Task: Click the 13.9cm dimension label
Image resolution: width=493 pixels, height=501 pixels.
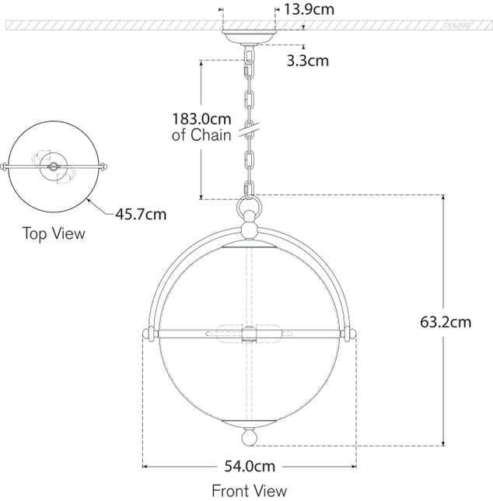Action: coord(309,10)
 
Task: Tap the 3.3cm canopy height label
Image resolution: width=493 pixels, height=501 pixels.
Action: coord(307,59)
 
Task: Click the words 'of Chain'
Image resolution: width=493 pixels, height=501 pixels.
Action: coord(201,135)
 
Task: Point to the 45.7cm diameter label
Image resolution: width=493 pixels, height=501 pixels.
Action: coord(141,212)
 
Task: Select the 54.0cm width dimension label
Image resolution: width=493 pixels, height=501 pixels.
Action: coord(249,467)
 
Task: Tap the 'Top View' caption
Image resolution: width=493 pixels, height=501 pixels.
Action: coord(54,233)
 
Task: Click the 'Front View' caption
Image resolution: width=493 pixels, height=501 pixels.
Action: coord(249,490)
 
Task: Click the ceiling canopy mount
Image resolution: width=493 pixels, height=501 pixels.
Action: coord(249,37)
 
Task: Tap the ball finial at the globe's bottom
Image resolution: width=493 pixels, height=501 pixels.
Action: coord(249,438)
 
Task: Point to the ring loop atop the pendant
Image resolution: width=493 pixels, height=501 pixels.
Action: coord(249,210)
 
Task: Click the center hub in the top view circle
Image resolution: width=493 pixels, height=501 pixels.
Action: coord(54,166)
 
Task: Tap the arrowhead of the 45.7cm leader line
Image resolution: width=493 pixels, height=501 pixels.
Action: coord(88,200)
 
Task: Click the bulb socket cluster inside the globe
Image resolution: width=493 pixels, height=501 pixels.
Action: coord(249,333)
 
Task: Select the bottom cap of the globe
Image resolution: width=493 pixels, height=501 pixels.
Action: coord(249,422)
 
